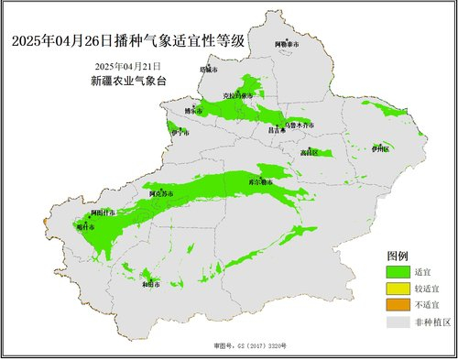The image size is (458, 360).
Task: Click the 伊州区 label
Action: point(380,148)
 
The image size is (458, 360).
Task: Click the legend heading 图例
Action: point(398,255)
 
